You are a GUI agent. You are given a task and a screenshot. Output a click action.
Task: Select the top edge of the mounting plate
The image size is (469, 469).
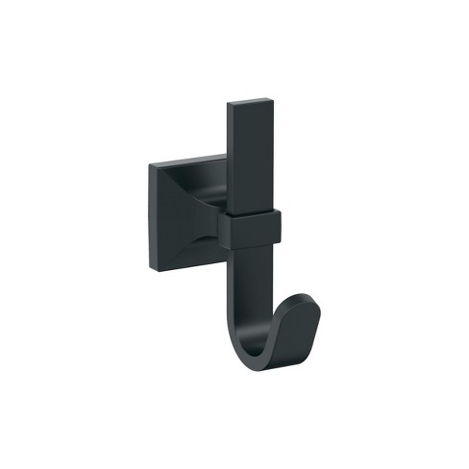[x=187, y=160]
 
